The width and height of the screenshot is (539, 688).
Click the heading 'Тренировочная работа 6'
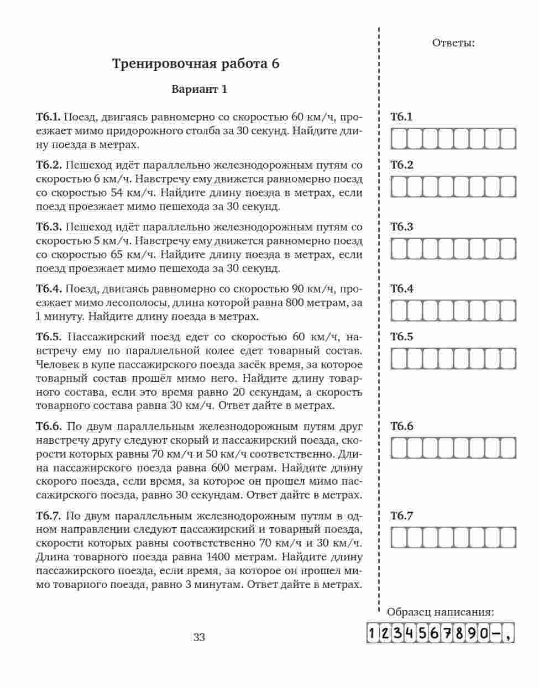[196, 64]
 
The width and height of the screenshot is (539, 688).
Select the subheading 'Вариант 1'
[199, 90]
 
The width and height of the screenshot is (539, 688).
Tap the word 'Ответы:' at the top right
[453, 43]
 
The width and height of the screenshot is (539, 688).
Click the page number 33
[199, 637]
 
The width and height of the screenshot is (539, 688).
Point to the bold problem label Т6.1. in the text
[48, 117]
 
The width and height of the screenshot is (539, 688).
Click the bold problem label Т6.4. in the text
[48, 289]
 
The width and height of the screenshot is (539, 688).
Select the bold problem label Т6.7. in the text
[48, 516]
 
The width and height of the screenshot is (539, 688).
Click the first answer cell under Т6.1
[399, 139]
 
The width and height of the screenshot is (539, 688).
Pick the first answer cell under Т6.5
[399, 359]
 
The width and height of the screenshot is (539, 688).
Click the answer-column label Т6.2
[402, 165]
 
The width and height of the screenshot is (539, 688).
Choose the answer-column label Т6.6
[402, 427]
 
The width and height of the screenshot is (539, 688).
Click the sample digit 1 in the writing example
[373, 633]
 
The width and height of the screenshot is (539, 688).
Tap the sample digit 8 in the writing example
[459, 633]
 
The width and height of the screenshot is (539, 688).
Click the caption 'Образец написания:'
[440, 612]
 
